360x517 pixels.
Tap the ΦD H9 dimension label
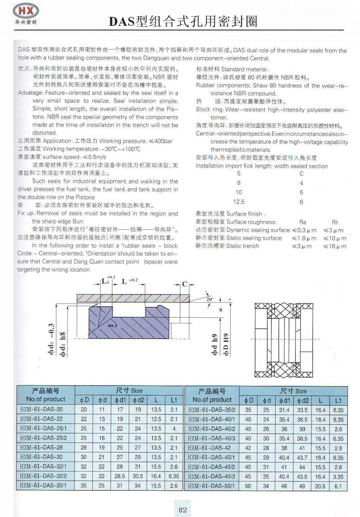click(227, 344)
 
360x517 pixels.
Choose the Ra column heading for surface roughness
click(303, 222)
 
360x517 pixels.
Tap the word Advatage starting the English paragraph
click(30, 94)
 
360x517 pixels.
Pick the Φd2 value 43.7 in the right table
click(303, 458)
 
